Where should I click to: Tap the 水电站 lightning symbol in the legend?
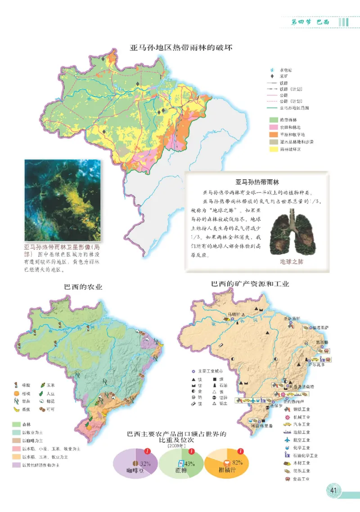[271, 70]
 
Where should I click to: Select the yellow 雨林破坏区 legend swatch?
[273, 149]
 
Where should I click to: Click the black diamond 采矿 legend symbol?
[271, 76]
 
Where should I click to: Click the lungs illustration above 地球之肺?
[292, 234]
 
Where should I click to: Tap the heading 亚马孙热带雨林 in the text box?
[257, 182]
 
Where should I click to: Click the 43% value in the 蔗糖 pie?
[189, 463]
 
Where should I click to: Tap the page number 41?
[333, 490]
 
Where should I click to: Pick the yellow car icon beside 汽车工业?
[287, 424]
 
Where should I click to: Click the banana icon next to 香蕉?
[17, 409]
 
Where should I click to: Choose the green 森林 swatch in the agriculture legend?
[17, 424]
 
